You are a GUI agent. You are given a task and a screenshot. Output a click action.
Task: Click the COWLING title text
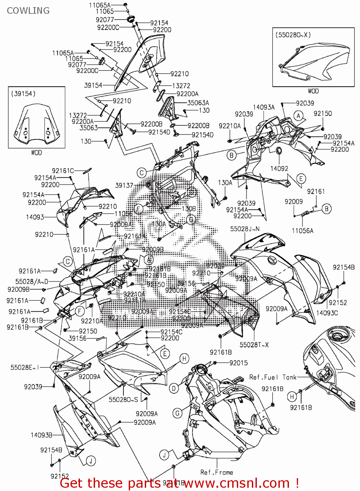(x=28, y=11)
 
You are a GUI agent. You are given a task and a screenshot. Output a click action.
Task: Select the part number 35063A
(x=198, y=103)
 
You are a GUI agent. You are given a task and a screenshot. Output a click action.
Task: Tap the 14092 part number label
(x=279, y=169)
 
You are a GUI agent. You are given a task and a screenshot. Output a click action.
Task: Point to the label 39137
(x=124, y=185)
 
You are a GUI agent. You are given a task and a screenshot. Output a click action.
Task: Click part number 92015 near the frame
(x=238, y=363)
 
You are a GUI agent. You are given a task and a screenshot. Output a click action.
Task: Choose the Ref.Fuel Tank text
(x=273, y=377)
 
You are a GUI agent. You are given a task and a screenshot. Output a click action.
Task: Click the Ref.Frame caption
(x=217, y=472)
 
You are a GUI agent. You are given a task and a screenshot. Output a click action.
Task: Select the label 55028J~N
(x=245, y=229)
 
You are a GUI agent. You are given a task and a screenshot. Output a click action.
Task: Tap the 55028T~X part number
(x=254, y=345)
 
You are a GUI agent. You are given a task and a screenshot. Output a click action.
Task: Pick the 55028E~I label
(x=25, y=368)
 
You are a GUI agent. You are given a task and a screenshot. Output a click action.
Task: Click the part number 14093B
(x=41, y=435)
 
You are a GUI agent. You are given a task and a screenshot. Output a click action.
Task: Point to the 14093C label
(x=327, y=313)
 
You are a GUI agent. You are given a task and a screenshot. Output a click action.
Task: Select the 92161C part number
(x=63, y=171)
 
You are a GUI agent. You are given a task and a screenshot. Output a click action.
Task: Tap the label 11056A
(x=302, y=231)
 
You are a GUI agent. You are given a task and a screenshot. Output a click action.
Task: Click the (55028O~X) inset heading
(x=293, y=35)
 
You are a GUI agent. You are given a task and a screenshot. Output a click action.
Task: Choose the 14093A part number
(x=264, y=107)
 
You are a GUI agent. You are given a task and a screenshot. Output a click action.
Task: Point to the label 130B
(x=189, y=209)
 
